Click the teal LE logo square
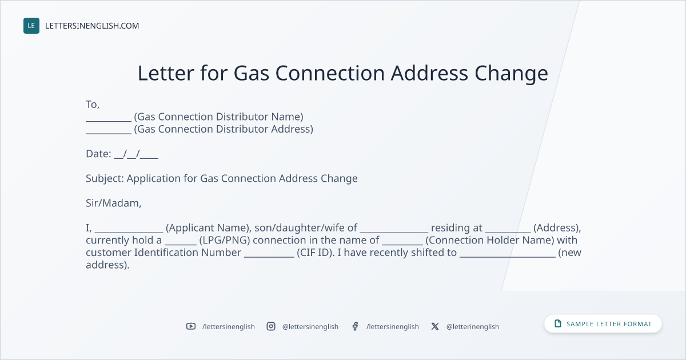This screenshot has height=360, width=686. (31, 26)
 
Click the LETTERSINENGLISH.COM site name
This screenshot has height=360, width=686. (92, 26)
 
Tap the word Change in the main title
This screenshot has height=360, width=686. (511, 74)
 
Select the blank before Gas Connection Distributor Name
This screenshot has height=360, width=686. (109, 121)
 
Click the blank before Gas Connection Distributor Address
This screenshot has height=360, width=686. (109, 133)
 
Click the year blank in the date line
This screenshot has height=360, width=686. (149, 158)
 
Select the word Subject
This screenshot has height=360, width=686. (105, 179)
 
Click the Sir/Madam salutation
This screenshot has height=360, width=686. (113, 203)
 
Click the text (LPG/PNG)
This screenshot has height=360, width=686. (225, 241)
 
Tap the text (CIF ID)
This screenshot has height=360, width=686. (316, 253)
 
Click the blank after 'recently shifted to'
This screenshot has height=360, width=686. (508, 257)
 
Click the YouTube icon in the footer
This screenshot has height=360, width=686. (191, 326)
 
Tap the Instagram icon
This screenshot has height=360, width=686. (271, 326)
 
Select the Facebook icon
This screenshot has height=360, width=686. (355, 326)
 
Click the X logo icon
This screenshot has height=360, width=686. (435, 326)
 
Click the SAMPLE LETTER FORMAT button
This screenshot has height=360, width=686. (603, 323)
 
